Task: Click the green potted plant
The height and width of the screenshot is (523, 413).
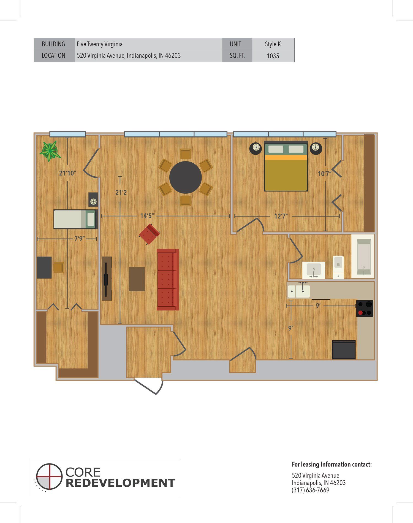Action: point(50,151)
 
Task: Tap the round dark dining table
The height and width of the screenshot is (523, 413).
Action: point(185,177)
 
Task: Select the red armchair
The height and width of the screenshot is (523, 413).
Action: point(150,234)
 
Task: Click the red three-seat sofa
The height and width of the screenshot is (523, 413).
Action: point(168,280)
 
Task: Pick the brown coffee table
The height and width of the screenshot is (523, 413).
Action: point(137,279)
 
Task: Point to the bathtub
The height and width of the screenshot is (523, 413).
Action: point(363,256)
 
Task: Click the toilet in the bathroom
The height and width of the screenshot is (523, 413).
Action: point(338,267)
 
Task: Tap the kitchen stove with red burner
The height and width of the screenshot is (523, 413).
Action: point(365,309)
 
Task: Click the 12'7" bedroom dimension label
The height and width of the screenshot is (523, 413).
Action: point(281,216)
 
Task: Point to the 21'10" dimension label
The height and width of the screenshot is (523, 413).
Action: point(67,173)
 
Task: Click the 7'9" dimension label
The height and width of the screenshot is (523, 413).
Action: point(79,239)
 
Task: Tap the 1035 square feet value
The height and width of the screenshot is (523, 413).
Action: point(273,56)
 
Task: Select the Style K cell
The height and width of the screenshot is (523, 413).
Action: point(273,44)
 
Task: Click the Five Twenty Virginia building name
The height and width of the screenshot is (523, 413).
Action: point(100,44)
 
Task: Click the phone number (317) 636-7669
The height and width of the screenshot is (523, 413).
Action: point(311,490)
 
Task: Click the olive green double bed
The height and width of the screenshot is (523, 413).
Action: point(286,166)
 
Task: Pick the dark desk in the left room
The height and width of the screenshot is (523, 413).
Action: point(44,268)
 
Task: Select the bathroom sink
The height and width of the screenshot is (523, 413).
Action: point(314,270)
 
